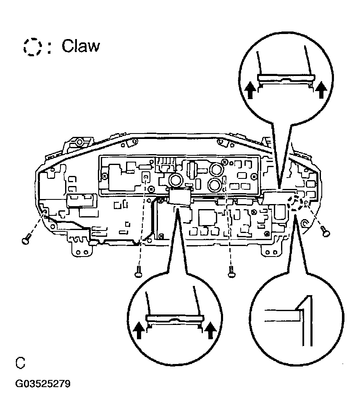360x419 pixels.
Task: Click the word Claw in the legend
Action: point(81,46)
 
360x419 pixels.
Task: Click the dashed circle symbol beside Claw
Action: point(33,46)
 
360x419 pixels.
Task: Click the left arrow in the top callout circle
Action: point(251,89)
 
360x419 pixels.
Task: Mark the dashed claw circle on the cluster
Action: point(297,203)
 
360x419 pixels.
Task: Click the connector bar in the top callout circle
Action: point(286,78)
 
